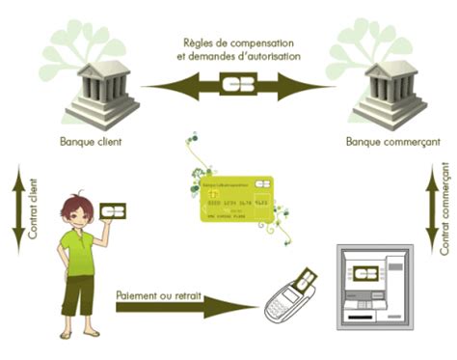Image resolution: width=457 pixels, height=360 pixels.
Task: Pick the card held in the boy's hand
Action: tap(115, 210)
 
